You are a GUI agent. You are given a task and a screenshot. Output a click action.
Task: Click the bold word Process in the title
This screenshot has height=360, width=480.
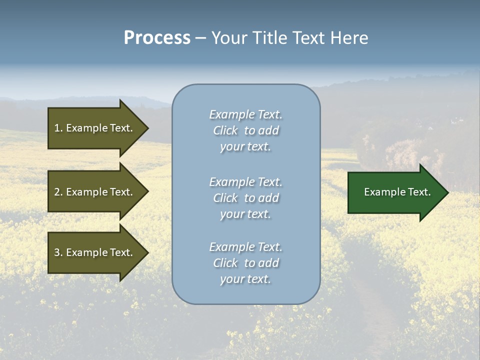(157, 38)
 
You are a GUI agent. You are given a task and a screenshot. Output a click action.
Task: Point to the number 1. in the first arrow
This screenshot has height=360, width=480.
(58, 128)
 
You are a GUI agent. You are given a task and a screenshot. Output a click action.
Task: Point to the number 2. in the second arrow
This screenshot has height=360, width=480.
(58, 192)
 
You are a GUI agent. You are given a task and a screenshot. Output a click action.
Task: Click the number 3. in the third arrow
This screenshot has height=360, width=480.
(58, 252)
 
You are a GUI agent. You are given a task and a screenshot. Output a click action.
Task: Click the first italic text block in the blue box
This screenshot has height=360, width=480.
(245, 130)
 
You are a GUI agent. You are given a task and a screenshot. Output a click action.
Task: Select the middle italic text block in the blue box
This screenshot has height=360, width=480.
(245, 198)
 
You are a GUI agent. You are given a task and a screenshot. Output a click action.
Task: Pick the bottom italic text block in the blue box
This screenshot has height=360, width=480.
(245, 263)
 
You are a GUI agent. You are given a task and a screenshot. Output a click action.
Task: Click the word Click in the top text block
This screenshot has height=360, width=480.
(225, 130)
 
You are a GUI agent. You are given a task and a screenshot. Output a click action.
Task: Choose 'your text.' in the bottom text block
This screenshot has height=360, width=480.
(245, 279)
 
